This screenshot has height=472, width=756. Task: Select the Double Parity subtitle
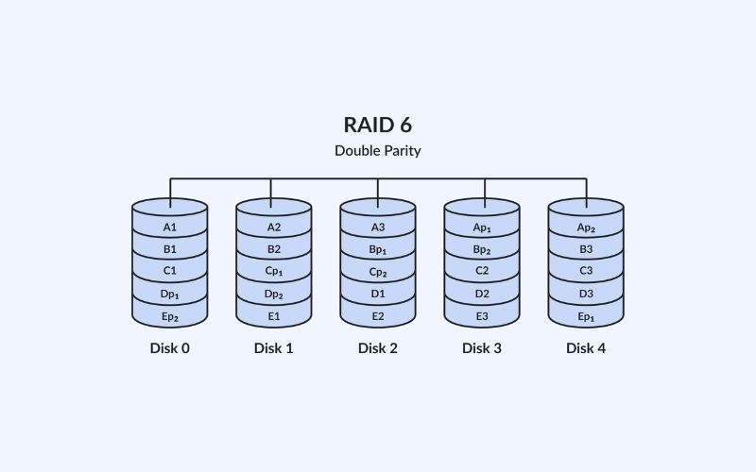(377, 150)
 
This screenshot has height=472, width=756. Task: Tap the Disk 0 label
(170, 348)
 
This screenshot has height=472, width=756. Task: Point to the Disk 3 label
(482, 348)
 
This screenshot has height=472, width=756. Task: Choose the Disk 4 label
(586, 348)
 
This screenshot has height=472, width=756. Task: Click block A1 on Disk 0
(170, 228)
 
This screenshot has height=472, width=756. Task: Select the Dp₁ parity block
(170, 295)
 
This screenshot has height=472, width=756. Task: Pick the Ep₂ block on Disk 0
(170, 316)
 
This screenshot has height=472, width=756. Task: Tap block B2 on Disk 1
(274, 250)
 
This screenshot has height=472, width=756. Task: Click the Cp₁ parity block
(274, 272)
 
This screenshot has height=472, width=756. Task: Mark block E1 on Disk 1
(274, 316)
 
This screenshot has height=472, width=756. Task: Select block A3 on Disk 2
(378, 228)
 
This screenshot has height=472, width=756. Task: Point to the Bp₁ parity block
(378, 250)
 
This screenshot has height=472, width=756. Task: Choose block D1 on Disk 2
(378, 295)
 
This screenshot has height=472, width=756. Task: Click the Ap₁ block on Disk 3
(482, 228)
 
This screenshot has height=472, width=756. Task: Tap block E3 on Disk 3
(482, 316)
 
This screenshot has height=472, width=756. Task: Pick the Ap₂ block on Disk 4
(586, 228)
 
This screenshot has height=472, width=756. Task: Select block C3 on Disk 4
(586, 272)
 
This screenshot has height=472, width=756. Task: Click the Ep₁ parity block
(586, 316)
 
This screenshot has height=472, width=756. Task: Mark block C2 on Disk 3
(482, 272)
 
